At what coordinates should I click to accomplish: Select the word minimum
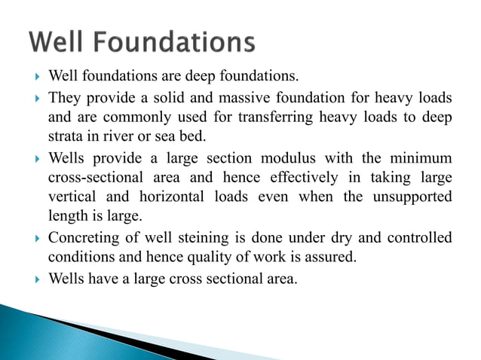[420, 158]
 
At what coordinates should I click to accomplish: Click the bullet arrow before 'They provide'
[36, 98]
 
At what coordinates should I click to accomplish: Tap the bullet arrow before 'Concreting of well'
[36, 238]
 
